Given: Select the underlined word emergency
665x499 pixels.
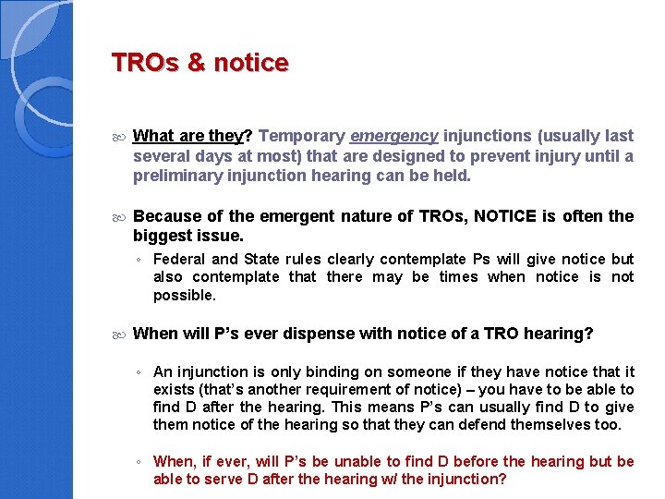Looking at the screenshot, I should click(394, 136).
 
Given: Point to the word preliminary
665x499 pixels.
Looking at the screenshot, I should click(172, 175).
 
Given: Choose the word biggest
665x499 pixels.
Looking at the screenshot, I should click(161, 235).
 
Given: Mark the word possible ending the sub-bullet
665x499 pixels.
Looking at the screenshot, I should click(184, 296).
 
